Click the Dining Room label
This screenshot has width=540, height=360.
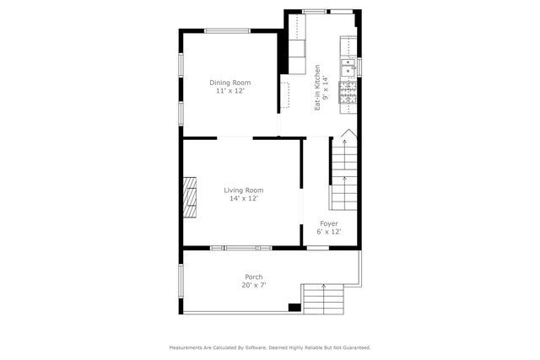tap(230, 83)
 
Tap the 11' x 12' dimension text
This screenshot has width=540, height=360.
tap(230, 90)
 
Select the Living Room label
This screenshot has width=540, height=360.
tap(243, 191)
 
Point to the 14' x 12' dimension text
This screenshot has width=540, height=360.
tap(243, 199)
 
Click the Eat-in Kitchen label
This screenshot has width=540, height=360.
tap(317, 88)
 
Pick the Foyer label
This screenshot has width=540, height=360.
tap(329, 223)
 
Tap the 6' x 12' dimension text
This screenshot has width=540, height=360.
tap(329, 232)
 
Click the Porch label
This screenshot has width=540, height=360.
tap(253, 277)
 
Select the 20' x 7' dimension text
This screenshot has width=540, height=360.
tap(253, 285)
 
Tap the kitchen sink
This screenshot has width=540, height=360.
tap(348, 65)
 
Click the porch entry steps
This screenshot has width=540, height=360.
tap(324, 298)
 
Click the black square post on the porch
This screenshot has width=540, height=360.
tap(294, 307)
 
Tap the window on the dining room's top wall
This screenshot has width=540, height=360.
tap(228, 31)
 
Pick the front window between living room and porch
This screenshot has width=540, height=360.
tap(240, 248)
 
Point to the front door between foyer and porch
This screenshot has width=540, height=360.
tap(317, 248)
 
